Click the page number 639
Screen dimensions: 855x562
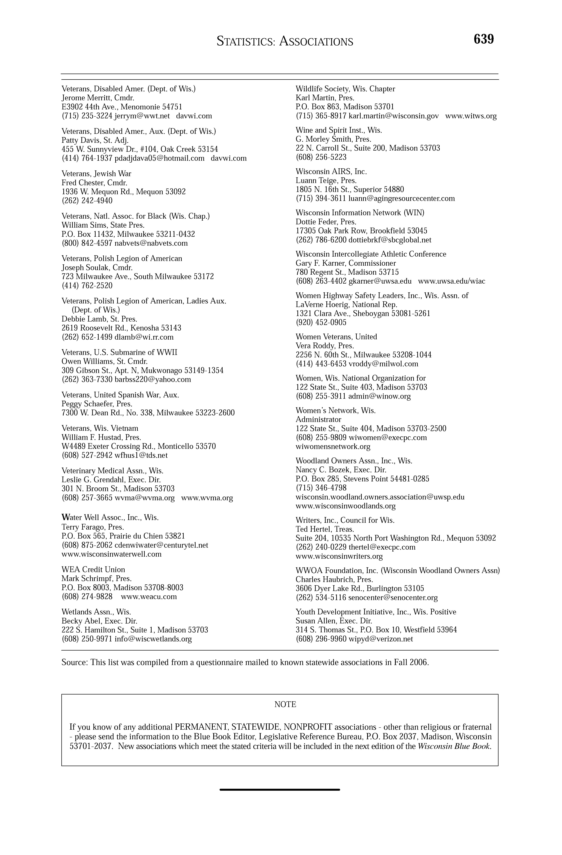pyautogui.click(x=484, y=39)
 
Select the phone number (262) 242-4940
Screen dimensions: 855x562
pyautogui.click(x=87, y=201)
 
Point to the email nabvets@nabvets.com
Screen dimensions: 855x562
pyautogui.click(x=151, y=243)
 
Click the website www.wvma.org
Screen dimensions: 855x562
pyautogui.click(x=207, y=498)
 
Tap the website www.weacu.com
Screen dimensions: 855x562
pyautogui.click(x=149, y=597)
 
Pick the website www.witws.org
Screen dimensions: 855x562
pyautogui.click(x=471, y=116)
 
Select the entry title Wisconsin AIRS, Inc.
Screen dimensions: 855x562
pyautogui.click(x=331, y=172)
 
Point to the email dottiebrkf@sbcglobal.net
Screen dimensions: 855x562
pyautogui.click(x=390, y=240)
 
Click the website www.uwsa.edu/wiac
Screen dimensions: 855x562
pyautogui.click(x=451, y=281)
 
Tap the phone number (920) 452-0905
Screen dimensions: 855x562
pyautogui.click(x=321, y=323)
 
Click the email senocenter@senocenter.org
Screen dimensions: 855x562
pyautogui.click(x=393, y=598)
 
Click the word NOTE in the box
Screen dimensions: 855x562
pyautogui.click(x=285, y=704)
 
